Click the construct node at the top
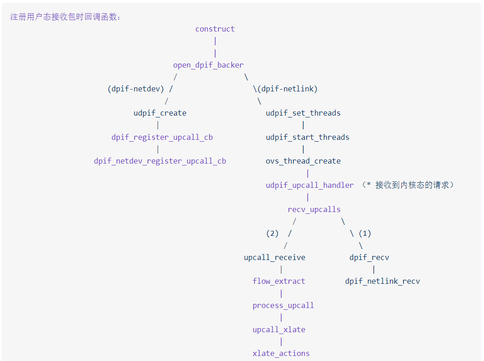click(215, 29)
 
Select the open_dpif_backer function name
click(208, 65)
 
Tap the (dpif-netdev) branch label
click(136, 89)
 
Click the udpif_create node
click(160, 113)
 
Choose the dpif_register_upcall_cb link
click(162, 137)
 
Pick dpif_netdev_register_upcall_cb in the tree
click(160, 161)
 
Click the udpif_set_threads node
click(303, 113)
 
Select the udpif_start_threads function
click(308, 137)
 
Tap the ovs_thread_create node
click(303, 161)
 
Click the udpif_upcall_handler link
click(310, 185)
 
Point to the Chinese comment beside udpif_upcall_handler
click(408, 185)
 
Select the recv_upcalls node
click(314, 209)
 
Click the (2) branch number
click(272, 233)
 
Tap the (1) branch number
click(365, 233)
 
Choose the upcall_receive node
click(274, 257)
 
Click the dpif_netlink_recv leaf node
click(383, 281)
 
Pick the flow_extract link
click(279, 281)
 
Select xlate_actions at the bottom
click(281, 353)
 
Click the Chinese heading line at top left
click(65, 17)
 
